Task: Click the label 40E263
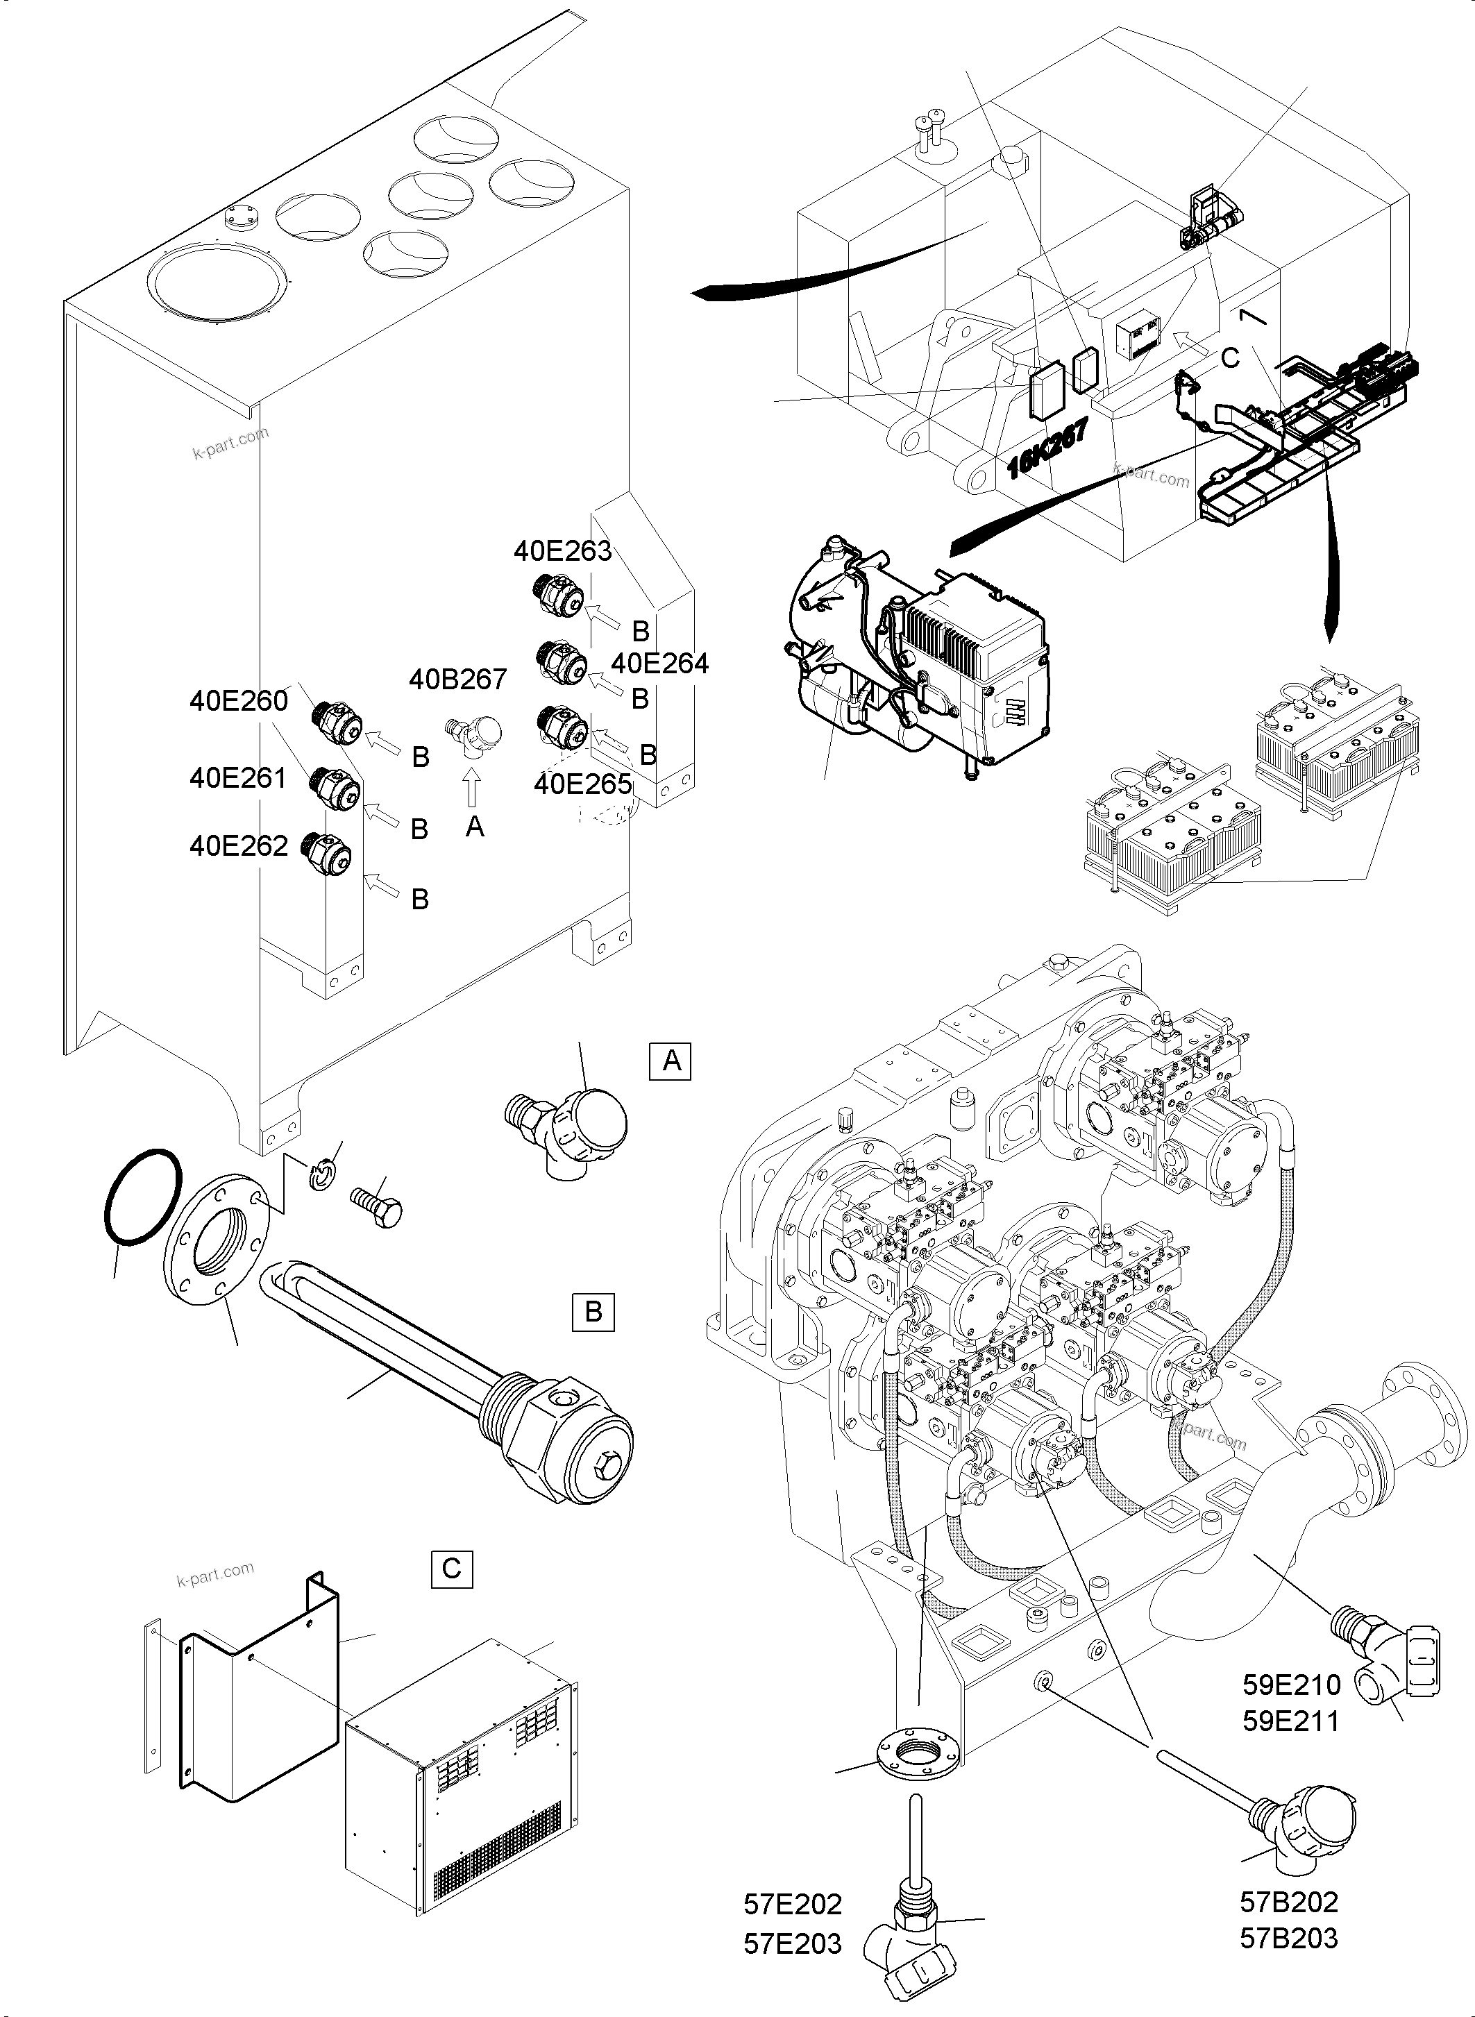click(562, 551)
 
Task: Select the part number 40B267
click(458, 680)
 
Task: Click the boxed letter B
click(593, 1312)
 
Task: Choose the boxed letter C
click(452, 1568)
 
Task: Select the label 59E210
click(1291, 1685)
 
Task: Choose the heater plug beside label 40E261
click(333, 786)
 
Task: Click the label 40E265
click(582, 784)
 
